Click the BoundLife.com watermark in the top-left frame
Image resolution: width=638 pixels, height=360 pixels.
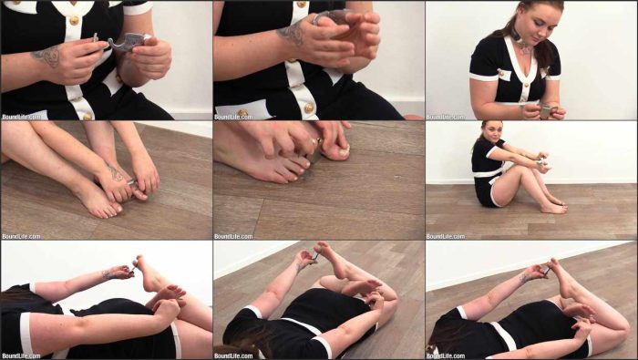pyautogui.click(x=21, y=117)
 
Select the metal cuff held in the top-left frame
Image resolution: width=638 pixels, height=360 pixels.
pyautogui.click(x=122, y=42)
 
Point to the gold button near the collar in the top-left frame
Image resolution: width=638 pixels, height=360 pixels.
pyautogui.click(x=74, y=20)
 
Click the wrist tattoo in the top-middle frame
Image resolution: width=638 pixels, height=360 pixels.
pyautogui.click(x=293, y=33)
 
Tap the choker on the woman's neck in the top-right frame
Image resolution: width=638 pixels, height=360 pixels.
pyautogui.click(x=519, y=37)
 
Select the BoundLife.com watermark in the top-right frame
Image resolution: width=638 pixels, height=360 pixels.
pyautogui.click(x=446, y=117)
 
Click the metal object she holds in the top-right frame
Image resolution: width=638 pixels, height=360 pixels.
pyautogui.click(x=546, y=111)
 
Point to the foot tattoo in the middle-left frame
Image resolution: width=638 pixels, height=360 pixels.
pyautogui.click(x=115, y=173)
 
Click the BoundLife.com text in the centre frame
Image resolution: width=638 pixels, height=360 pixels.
pyautogui.click(x=233, y=236)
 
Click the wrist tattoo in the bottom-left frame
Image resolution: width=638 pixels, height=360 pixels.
pyautogui.click(x=109, y=273)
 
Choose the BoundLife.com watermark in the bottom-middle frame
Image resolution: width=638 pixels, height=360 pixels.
pyautogui.click(x=233, y=356)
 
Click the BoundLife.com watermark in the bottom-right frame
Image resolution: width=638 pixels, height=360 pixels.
pyautogui.click(x=446, y=356)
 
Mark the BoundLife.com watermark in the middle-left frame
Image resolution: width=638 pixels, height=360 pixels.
pyautogui.click(x=21, y=236)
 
